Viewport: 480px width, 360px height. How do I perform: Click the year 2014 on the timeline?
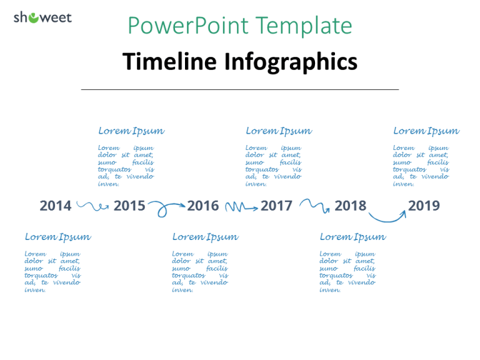pos(56,206)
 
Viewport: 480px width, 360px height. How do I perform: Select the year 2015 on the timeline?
pos(129,206)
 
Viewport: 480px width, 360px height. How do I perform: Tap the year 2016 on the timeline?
pos(203,206)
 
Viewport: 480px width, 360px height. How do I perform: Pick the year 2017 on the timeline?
pos(276,206)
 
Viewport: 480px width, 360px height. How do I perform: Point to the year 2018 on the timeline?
pos(350,206)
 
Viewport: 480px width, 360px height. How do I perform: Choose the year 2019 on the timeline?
pos(424,206)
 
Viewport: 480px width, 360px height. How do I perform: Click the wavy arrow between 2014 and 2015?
pos(92,206)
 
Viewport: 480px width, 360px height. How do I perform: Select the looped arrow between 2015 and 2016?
pos(166,207)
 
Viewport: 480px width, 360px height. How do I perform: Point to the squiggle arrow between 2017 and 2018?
pos(314,205)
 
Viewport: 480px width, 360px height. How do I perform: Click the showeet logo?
pos(42,17)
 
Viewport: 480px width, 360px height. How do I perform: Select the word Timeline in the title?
pos(170,62)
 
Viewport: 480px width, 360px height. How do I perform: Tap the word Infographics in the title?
pos(291,62)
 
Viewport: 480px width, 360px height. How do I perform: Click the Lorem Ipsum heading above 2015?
pos(131,131)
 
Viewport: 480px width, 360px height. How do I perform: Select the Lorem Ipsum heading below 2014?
pos(57,237)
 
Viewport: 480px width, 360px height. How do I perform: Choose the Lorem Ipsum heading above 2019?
pos(426,131)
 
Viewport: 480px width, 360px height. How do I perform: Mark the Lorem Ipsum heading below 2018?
pos(352,237)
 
